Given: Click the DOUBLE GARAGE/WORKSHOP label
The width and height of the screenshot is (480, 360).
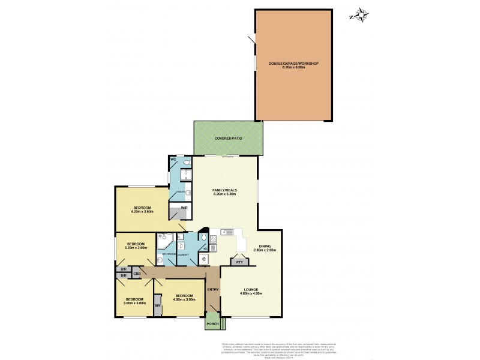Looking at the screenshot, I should [293, 64].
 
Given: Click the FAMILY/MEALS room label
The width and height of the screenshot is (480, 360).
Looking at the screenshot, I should [225, 190].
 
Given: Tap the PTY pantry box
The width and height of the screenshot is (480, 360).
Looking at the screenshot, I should [239, 262].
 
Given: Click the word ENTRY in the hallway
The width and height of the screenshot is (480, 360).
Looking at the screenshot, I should [213, 290].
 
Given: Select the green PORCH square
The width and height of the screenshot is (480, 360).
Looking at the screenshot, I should [212, 323].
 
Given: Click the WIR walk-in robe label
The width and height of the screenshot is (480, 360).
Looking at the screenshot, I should [176, 208].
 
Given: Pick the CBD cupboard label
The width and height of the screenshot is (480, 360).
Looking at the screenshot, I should [137, 274].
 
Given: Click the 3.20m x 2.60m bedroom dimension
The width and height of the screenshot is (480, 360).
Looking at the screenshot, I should [136, 248].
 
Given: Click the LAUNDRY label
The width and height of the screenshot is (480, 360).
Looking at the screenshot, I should [183, 255].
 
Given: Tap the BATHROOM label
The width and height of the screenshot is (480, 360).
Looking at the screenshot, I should [168, 254].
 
